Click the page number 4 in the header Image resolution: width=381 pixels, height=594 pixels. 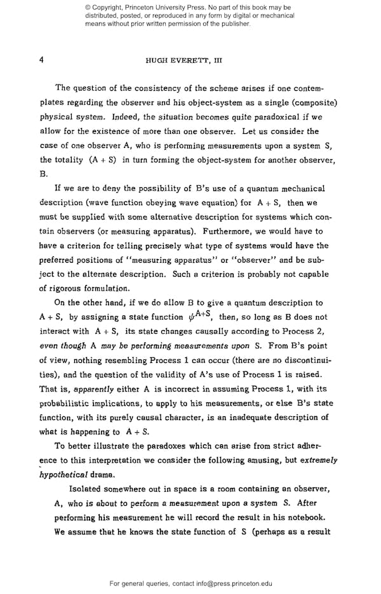pos(41,60)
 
